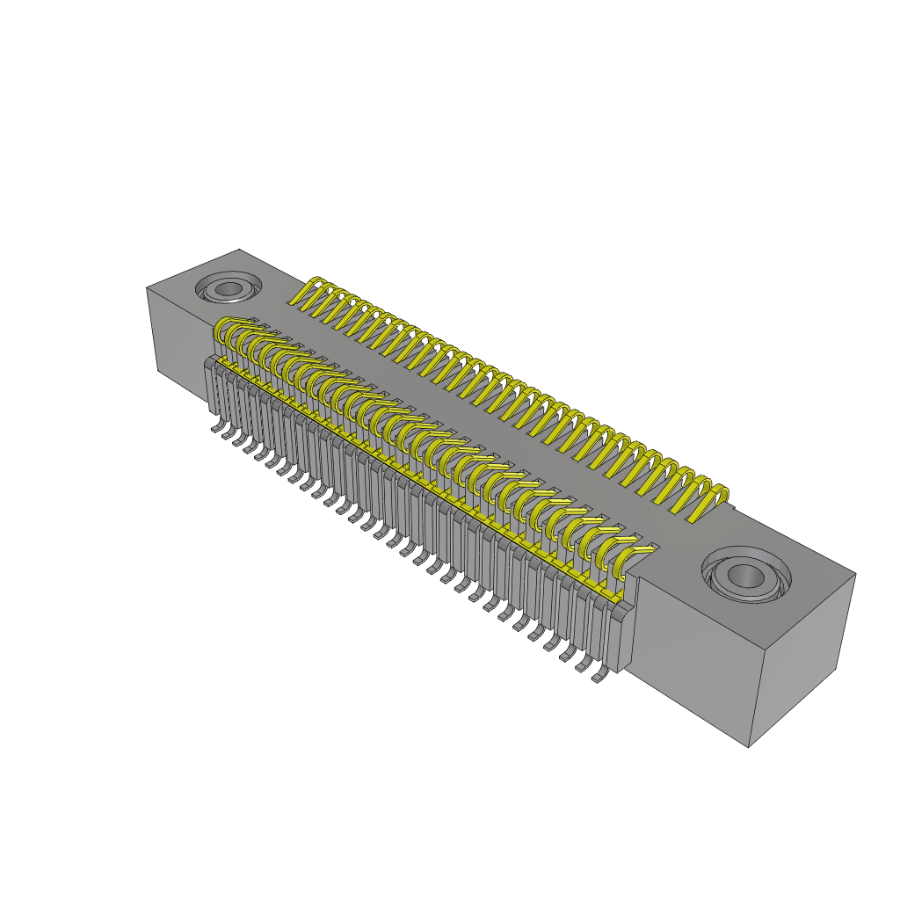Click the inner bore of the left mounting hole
click(x=229, y=288)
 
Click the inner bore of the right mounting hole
click(x=746, y=576)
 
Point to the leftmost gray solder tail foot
click(x=217, y=428)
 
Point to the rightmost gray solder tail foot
click(x=601, y=677)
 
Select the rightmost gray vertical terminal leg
click(x=622, y=637)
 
